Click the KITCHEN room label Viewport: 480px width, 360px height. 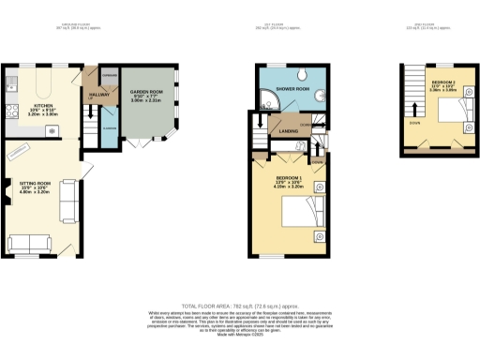(x=44, y=106)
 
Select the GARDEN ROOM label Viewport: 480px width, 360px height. (x=145, y=92)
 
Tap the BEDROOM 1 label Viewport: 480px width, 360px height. (x=289, y=177)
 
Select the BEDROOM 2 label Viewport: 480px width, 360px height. (x=444, y=83)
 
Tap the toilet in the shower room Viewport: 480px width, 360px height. (x=320, y=94)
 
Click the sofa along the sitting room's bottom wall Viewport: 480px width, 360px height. (x=30, y=243)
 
